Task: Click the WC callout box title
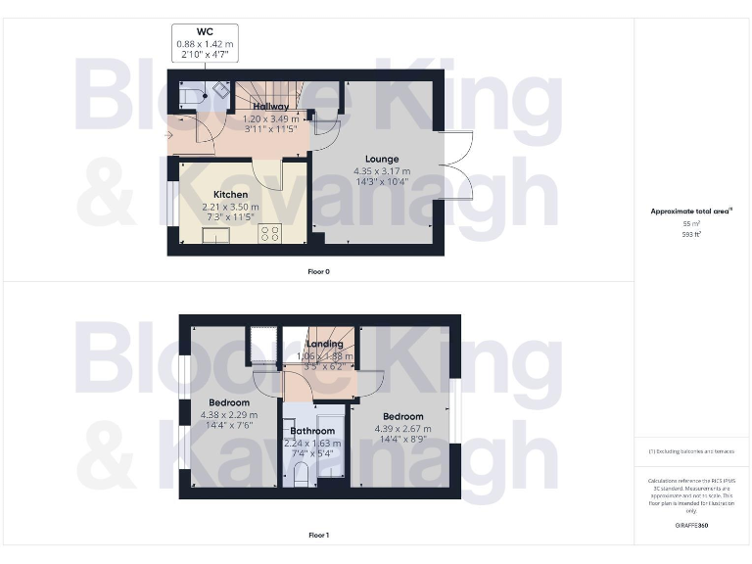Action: pos(206,32)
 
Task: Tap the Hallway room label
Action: pos(269,106)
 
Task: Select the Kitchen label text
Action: pos(230,195)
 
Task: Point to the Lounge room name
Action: pos(382,159)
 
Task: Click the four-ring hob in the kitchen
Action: pos(269,233)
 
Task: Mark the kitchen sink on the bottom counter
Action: pos(215,234)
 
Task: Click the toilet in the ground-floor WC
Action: pos(191,94)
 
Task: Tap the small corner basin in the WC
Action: pos(221,88)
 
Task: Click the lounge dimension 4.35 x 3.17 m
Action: pos(382,170)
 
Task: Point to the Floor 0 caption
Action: pos(319,271)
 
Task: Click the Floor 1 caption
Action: pos(319,536)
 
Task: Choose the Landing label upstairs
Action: pos(324,344)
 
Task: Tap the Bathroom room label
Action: pos(311,431)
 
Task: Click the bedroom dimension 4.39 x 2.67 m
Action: pos(402,428)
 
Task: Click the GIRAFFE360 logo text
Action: pos(691,526)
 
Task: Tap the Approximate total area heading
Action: pos(690,211)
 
